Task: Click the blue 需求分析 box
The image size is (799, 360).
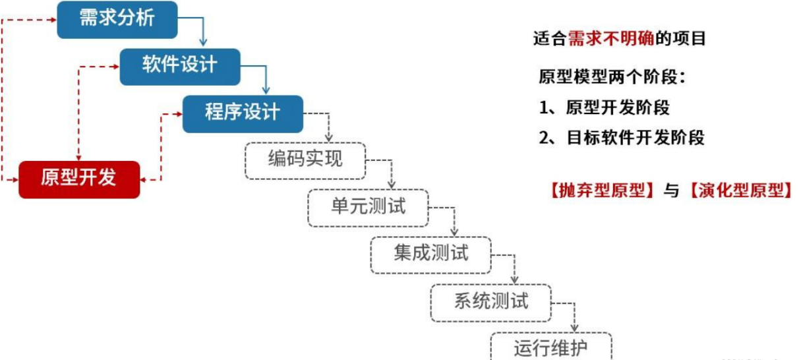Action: coord(117,19)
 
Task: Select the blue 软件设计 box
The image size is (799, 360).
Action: coord(179,66)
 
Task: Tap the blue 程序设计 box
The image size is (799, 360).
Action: coord(242,113)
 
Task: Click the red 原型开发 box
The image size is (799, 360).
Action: coord(79,179)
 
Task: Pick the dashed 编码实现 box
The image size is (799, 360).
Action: coord(305,160)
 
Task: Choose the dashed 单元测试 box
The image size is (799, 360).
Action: coord(368,207)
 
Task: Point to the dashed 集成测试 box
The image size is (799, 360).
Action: coord(430,254)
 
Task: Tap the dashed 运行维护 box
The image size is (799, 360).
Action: coord(550,347)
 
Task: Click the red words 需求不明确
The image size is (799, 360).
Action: coord(611,38)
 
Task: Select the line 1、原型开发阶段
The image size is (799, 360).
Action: coord(604,107)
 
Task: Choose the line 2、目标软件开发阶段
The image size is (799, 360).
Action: coord(621,138)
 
